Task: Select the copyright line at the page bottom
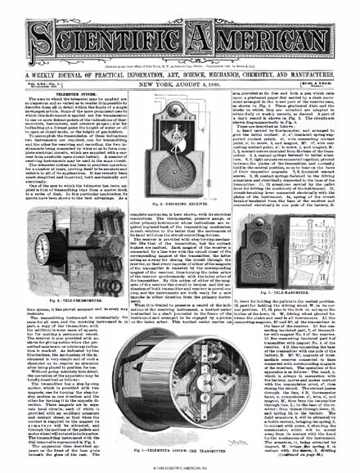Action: (179, 468)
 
